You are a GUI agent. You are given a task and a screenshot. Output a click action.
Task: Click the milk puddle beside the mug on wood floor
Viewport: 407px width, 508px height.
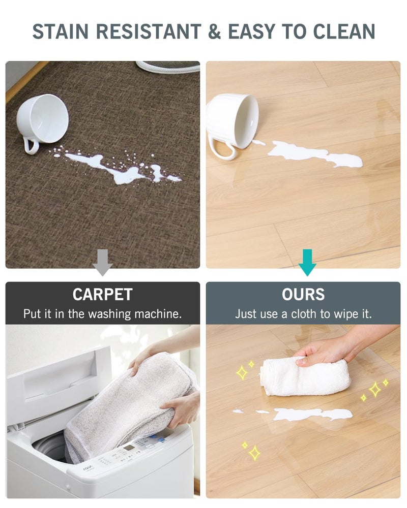tap(315, 155)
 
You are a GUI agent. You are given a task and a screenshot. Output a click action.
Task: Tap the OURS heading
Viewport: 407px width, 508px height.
tap(303, 295)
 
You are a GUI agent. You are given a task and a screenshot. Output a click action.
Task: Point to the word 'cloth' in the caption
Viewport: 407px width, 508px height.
tap(303, 314)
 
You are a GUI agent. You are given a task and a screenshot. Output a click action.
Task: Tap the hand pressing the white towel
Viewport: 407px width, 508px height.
tap(326, 351)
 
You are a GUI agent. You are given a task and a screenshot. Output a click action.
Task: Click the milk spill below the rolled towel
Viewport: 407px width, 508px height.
tap(310, 414)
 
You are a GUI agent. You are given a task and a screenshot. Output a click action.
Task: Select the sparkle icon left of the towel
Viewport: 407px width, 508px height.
tap(243, 372)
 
